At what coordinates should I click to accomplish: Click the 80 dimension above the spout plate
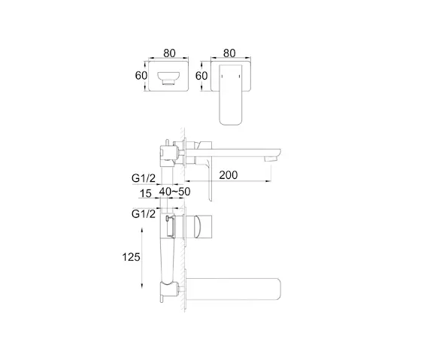pos(169,53)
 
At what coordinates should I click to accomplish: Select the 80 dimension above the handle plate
pos(229,53)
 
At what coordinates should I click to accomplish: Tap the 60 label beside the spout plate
pos(141,76)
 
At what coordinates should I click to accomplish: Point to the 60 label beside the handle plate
pos(201,76)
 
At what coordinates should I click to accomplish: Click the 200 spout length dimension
pos(229,175)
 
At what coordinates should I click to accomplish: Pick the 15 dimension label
pos(146,193)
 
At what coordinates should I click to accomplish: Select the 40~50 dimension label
pos(174,192)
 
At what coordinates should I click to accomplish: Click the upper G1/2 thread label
pos(144,178)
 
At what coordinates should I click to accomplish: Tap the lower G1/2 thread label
pos(144,214)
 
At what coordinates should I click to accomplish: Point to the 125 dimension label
pos(131,257)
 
